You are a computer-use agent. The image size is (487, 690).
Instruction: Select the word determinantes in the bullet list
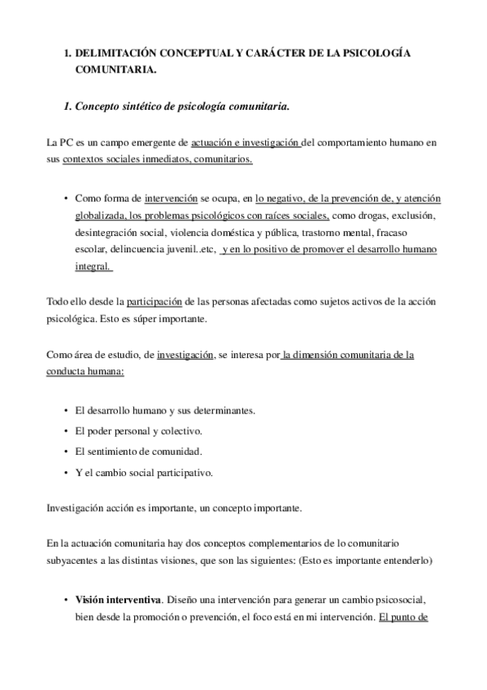click(224, 411)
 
